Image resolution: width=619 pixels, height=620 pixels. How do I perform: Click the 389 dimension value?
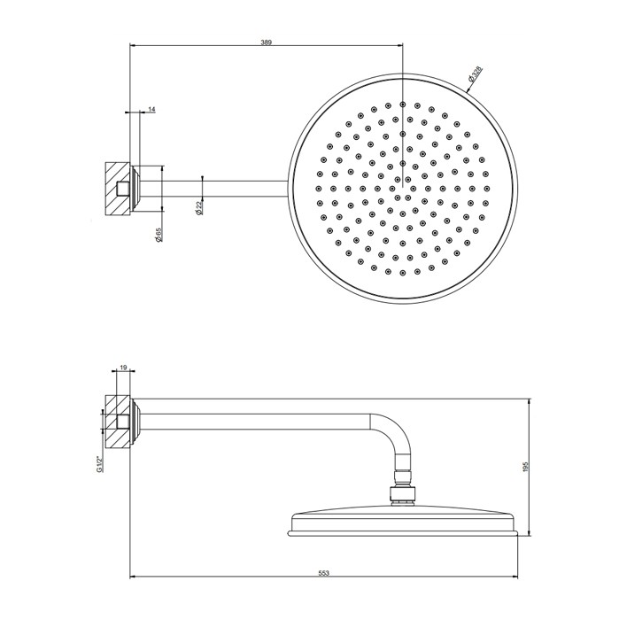click(x=267, y=41)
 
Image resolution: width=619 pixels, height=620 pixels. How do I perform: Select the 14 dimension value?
click(x=151, y=109)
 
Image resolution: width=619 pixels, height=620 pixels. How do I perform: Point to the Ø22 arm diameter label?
click(x=199, y=205)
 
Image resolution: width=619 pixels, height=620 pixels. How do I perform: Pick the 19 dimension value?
click(x=122, y=365)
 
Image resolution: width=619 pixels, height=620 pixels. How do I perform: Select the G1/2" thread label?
click(x=99, y=463)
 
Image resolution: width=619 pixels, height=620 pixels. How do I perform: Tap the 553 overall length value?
click(x=324, y=574)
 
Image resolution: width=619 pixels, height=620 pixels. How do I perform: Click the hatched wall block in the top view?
click(x=113, y=188)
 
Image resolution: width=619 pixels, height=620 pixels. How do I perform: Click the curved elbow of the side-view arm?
click(x=390, y=434)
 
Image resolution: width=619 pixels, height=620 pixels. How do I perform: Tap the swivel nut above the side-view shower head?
click(x=403, y=494)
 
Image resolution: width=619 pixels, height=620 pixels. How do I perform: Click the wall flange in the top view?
click(x=135, y=188)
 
